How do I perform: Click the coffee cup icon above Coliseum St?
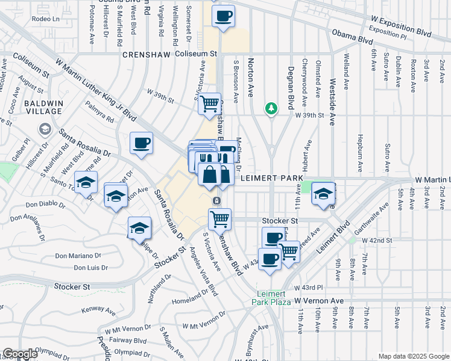coord(223,16)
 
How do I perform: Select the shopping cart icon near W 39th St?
coord(209,103)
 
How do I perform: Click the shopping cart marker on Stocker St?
coord(220,218)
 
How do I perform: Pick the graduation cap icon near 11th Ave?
coord(324,194)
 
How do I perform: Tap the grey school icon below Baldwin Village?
coord(45,129)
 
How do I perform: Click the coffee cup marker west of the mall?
coord(141,143)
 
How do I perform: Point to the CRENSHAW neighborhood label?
coord(147,54)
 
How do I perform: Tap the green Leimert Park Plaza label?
coord(271,298)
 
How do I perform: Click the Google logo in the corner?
coord(20,354)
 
